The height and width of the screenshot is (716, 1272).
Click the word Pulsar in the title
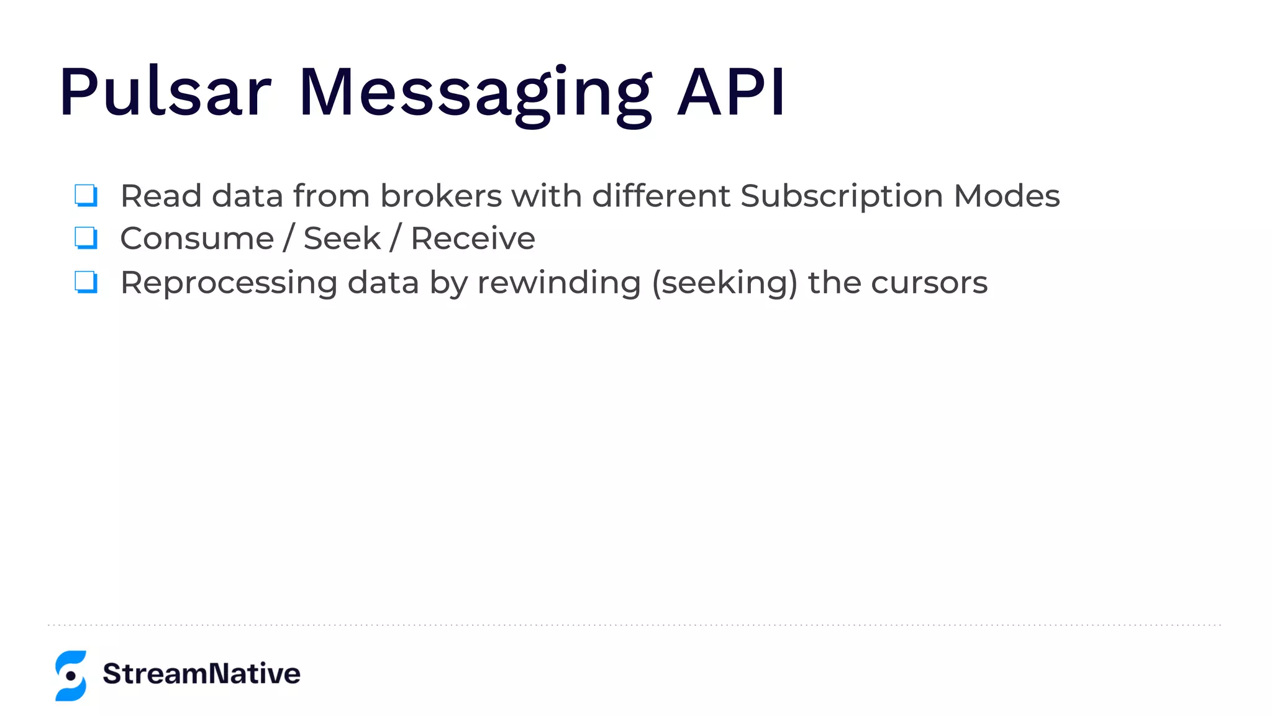(165, 92)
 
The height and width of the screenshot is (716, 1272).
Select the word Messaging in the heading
(475, 93)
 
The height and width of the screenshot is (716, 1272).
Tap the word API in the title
(732, 92)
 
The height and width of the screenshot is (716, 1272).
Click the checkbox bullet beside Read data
(86, 195)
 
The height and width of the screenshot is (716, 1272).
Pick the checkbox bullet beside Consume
(86, 237)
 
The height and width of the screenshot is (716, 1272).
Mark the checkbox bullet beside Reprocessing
(86, 282)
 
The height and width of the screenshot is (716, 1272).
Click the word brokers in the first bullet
(440, 196)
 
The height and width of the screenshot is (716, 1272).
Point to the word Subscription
(842, 197)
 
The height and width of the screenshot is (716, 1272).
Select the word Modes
(1006, 196)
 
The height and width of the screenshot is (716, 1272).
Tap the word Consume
(197, 239)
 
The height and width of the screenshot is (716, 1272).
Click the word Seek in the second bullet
(342, 239)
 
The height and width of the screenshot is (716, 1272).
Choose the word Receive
(473, 239)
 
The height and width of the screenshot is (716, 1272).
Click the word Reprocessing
(229, 283)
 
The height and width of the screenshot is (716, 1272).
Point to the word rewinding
(559, 283)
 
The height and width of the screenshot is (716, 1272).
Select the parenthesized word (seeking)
(724, 283)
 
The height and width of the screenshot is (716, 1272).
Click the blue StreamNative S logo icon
(71, 676)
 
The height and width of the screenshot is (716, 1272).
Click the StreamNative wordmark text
(201, 674)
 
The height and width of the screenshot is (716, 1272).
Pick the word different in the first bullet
(661, 196)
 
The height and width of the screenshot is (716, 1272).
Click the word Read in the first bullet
(161, 196)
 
